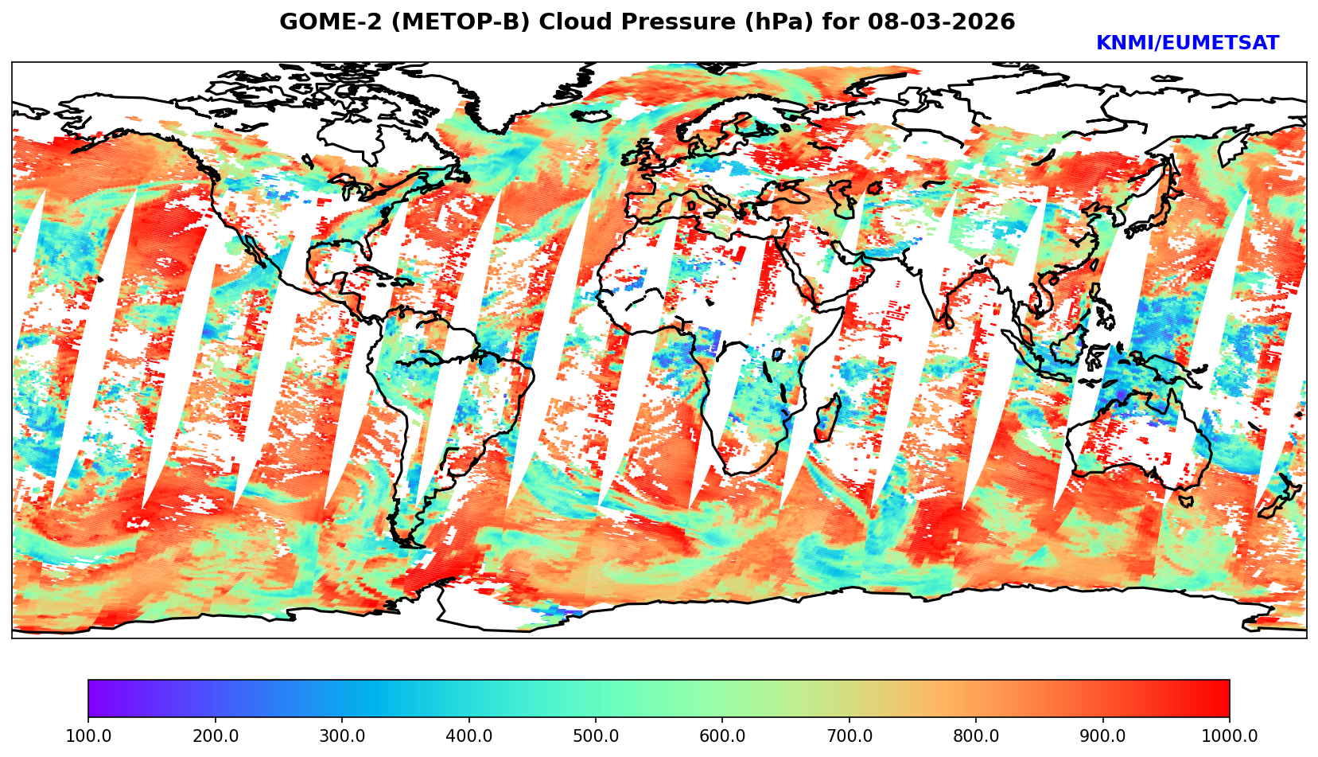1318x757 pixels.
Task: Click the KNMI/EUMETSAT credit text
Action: click(x=1187, y=44)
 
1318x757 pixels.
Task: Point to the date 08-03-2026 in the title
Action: click(x=942, y=22)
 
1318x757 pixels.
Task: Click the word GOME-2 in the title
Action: click(x=319, y=22)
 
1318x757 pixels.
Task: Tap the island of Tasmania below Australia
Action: click(x=1186, y=501)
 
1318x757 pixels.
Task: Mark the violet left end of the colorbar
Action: click(x=94, y=698)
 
